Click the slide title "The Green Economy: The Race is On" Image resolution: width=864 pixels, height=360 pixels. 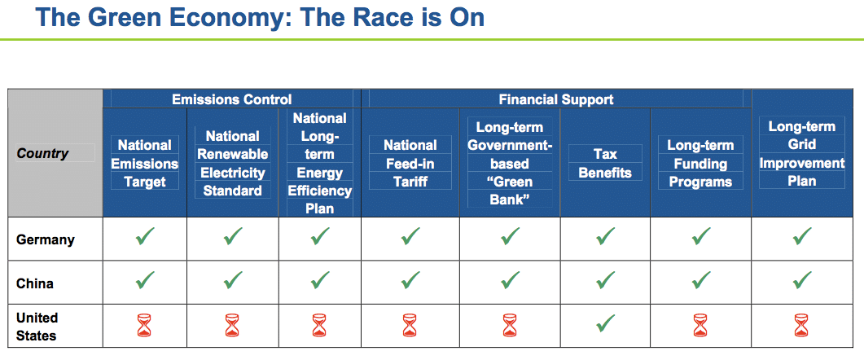tap(260, 17)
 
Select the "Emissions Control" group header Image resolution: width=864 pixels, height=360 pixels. tap(231, 99)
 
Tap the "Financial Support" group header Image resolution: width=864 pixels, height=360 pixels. tap(556, 99)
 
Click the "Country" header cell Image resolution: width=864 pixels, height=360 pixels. tap(42, 153)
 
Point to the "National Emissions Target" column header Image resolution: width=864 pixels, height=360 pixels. tap(144, 163)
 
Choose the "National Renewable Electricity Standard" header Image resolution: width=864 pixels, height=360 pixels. tap(233, 163)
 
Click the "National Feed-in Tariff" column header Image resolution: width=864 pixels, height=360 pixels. tap(410, 163)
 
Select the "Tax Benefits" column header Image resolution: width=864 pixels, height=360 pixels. tap(604, 163)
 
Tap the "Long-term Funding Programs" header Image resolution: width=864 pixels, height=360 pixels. tap(700, 163)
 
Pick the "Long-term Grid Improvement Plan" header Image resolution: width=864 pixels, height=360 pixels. tap(801, 153)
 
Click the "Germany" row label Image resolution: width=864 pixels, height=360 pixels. tap(46, 239)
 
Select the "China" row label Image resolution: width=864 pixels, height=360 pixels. tap(35, 283)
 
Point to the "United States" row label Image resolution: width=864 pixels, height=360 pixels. tap(37, 326)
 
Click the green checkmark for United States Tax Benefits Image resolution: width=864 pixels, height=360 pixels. tap(604, 325)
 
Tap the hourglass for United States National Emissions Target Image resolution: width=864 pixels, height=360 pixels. tap(144, 326)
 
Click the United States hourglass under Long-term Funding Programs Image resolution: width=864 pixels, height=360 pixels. tap(700, 326)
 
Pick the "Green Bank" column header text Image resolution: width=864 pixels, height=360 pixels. tap(510, 163)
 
